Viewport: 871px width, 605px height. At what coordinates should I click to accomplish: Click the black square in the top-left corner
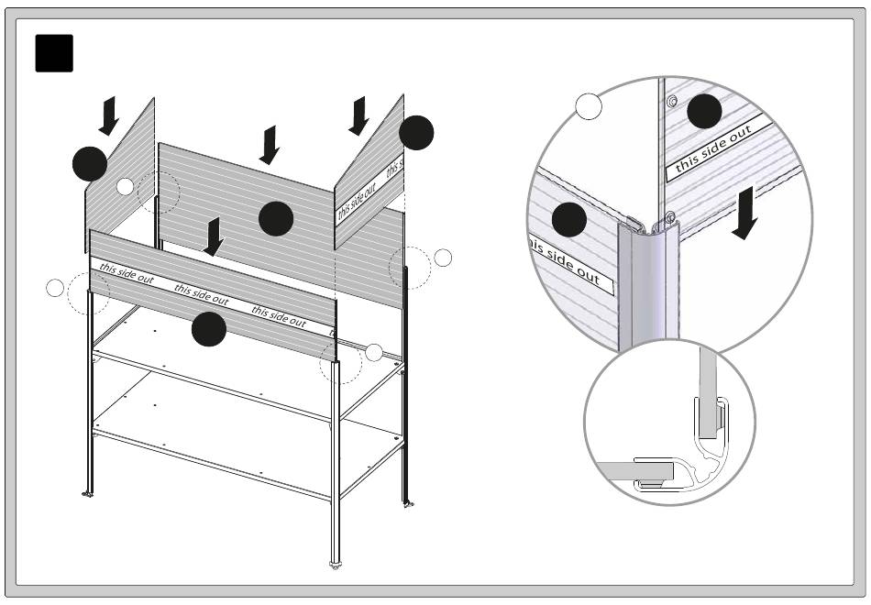click(x=53, y=53)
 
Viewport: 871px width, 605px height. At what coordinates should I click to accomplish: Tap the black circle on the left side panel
click(x=90, y=164)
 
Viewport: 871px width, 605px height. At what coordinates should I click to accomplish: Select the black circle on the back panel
click(x=275, y=218)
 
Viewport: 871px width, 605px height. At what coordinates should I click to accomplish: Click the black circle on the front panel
click(x=209, y=329)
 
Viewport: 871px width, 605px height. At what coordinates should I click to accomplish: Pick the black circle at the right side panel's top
click(x=416, y=133)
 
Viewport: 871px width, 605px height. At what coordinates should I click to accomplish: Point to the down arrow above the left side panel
click(x=109, y=116)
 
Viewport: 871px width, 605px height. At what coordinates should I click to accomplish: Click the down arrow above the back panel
click(x=270, y=145)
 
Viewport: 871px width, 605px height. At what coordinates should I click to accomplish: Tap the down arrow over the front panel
click(x=213, y=236)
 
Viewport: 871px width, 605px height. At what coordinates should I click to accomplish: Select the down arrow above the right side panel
click(x=359, y=115)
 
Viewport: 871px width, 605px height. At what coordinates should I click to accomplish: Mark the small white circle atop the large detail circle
click(x=589, y=106)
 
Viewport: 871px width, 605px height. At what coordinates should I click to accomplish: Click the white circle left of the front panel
click(x=55, y=289)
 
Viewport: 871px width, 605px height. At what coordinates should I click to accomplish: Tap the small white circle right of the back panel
click(x=443, y=258)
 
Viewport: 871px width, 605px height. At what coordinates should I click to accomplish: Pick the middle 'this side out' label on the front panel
click(x=202, y=294)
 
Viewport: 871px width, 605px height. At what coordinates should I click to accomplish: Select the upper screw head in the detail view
click(x=672, y=100)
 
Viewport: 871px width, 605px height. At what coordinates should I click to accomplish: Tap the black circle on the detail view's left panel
click(x=568, y=220)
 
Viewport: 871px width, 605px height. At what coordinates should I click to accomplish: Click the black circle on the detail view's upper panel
click(x=704, y=112)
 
